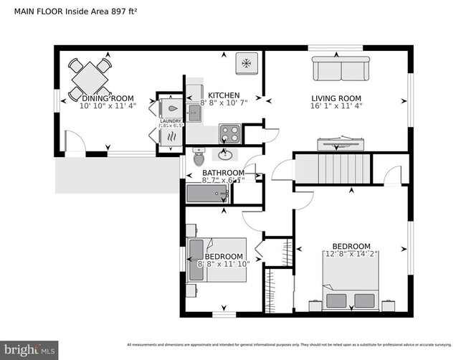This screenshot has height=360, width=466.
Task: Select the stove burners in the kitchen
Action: [229, 133]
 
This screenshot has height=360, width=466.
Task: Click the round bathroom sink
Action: [227, 153]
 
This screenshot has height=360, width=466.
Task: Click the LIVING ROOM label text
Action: [336, 98]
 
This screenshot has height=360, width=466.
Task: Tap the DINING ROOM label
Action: [108, 98]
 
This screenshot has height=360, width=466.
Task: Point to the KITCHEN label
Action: [224, 95]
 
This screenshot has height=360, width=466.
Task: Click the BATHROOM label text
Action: [223, 173]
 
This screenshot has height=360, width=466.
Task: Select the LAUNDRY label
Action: [171, 121]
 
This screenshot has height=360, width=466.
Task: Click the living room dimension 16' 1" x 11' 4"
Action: [336, 106]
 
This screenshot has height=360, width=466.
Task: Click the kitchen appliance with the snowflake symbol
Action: [246, 64]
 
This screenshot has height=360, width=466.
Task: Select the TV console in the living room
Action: [336, 143]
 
